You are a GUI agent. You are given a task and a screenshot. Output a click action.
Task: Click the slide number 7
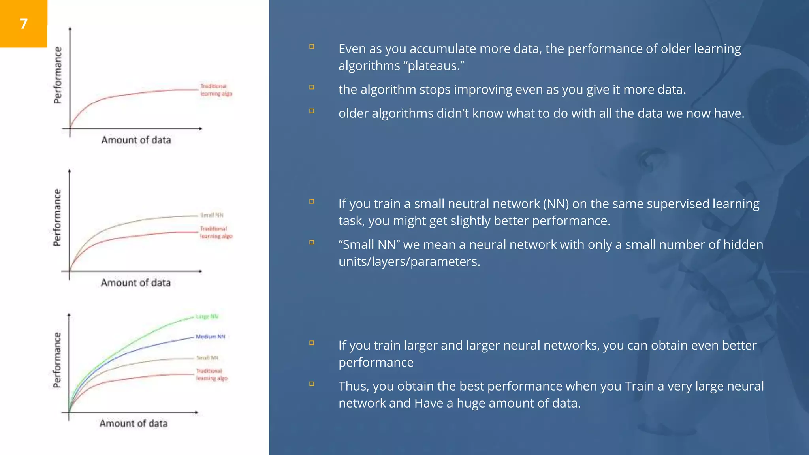[x=24, y=24]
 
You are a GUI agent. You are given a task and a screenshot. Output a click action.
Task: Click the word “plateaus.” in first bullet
[x=436, y=66]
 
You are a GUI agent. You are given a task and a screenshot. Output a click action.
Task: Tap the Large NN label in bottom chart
[x=207, y=317]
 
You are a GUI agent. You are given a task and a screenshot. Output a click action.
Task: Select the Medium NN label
[x=210, y=337]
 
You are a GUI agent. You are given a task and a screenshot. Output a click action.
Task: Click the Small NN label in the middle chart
[x=212, y=215]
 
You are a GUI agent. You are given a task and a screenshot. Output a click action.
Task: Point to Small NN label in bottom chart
[x=207, y=358]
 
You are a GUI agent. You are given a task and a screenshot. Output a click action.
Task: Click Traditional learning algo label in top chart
[x=216, y=90]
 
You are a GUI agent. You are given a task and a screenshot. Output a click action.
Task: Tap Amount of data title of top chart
[x=136, y=140]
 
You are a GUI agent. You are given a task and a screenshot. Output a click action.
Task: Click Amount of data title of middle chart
[x=135, y=283]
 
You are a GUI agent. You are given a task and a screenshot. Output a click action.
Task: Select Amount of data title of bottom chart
[x=134, y=423]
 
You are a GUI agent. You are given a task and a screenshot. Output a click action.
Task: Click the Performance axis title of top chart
[x=58, y=75]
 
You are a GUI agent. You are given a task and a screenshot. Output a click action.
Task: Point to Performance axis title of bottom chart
[x=57, y=360]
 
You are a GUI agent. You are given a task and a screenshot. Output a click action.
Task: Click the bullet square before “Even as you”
[x=312, y=47]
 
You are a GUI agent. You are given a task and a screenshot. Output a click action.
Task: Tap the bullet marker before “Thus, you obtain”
[x=312, y=384]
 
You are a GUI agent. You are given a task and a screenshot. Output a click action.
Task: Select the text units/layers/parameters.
[x=409, y=262]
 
